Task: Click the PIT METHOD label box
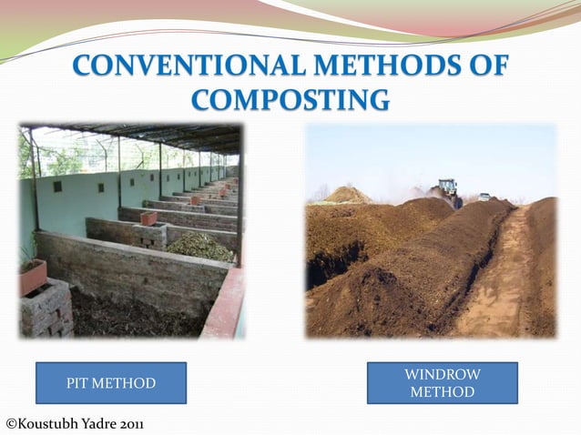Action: click(111, 383)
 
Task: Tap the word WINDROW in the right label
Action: click(442, 374)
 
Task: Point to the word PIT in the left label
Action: click(79, 383)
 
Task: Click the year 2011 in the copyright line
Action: click(127, 423)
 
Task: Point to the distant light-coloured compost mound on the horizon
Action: click(347, 194)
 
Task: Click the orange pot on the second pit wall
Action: click(148, 218)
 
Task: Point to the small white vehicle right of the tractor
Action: click(484, 197)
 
